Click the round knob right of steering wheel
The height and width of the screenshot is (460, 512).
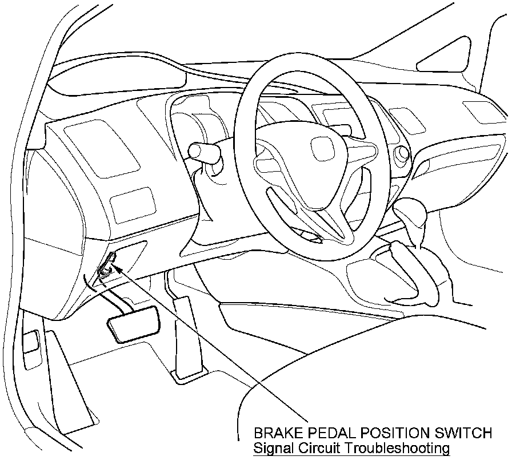401,153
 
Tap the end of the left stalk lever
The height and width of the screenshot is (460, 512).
195,150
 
